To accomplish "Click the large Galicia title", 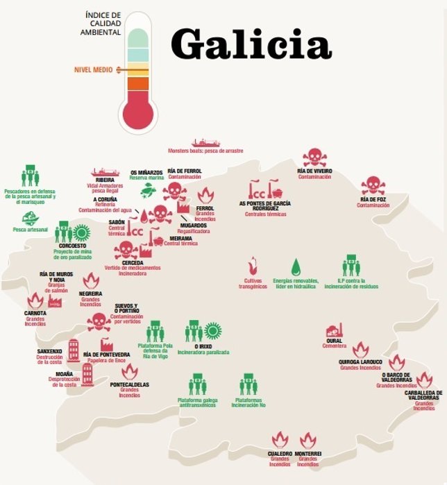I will tap(251, 44).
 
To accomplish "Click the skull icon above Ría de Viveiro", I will tap(314, 158).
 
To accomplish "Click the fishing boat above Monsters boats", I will tap(205, 142).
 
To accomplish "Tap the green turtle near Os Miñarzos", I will tap(147, 189).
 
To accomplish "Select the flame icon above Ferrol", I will tap(205, 196).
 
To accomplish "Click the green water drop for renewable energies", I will tap(296, 266).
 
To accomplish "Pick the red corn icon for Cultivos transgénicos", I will tap(253, 266).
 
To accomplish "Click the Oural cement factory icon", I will tap(335, 331).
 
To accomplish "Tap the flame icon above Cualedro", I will tap(280, 439).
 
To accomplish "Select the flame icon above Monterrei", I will tap(308, 439).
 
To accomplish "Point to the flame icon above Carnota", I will tap(35, 300).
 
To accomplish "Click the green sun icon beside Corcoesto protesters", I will tap(82, 232).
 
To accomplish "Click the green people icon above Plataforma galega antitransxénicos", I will tap(197, 384).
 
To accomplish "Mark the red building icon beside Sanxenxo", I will tap(74, 350).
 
